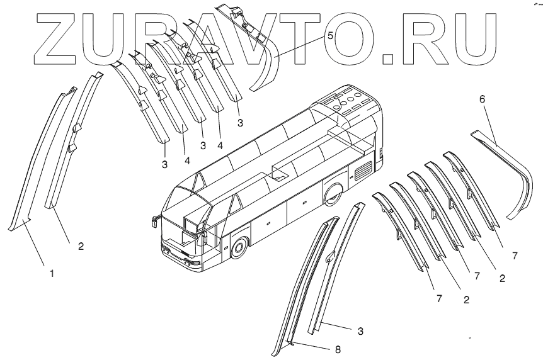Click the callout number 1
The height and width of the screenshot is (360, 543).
coord(52,274)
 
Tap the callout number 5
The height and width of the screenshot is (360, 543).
coord(330,37)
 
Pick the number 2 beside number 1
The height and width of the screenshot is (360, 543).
coord(81,246)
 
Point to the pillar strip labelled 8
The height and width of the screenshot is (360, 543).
coord(302,283)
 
